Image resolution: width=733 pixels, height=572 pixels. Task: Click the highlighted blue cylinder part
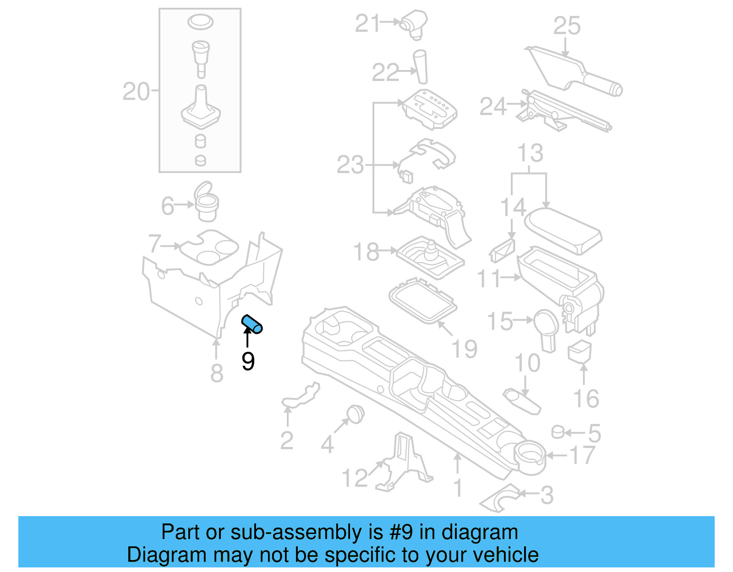[252, 324]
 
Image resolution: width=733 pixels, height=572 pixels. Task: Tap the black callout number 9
[248, 361]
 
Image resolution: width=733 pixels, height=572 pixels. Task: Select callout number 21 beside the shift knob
[367, 23]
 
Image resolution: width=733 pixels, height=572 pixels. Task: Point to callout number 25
[567, 26]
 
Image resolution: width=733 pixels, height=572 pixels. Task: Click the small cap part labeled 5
[557, 432]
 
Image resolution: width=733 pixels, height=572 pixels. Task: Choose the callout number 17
[582, 455]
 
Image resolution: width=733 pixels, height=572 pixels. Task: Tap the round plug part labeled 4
[355, 414]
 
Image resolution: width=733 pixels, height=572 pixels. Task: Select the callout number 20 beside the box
[136, 92]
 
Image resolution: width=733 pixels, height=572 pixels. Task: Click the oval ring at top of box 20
[200, 21]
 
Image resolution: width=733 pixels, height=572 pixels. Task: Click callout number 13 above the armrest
[530, 153]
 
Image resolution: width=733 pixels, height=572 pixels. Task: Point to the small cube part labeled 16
[580, 352]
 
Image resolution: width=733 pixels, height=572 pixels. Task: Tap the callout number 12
[355, 478]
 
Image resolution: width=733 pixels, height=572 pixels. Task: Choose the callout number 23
[350, 165]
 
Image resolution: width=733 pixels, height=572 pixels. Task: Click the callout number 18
[366, 251]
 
